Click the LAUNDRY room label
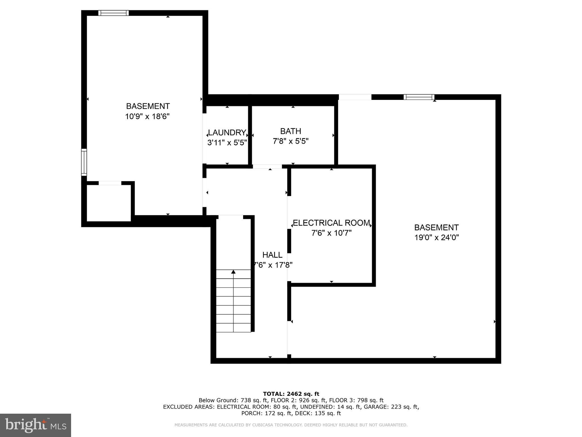[x=227, y=133]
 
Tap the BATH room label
[x=291, y=131]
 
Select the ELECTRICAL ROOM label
[x=331, y=223]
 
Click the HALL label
[x=272, y=255]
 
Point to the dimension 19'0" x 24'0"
[x=436, y=237]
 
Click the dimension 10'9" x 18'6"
[x=147, y=116]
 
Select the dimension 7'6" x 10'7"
[x=331, y=233]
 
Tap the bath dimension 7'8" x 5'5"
[x=291, y=141]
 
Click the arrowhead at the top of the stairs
[x=233, y=272]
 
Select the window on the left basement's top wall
[x=113, y=13]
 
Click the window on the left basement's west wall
[x=84, y=162]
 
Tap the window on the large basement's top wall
[x=419, y=97]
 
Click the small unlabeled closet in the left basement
[x=109, y=203]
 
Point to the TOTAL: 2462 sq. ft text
[x=291, y=394]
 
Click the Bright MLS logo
[x=36, y=425]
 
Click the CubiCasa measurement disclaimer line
[x=291, y=425]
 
